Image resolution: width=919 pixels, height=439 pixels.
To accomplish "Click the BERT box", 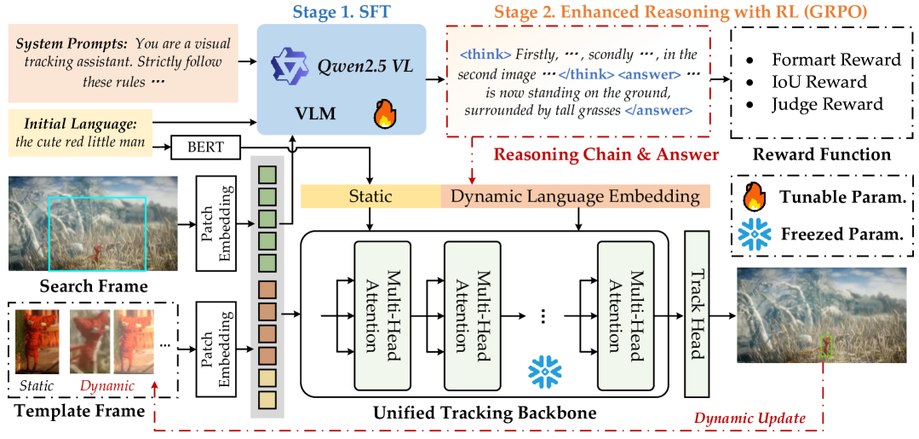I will [205, 147].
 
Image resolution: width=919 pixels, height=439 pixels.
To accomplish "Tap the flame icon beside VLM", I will [385, 113].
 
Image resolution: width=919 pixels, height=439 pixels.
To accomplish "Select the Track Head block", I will [697, 314].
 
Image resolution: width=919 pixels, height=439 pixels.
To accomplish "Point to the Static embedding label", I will [370, 197].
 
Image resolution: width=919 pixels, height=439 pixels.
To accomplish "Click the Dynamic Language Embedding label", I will [575, 197].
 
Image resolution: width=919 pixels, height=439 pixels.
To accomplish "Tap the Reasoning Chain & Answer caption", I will [606, 154].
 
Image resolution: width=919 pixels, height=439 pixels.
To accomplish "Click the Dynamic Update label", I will [749, 418].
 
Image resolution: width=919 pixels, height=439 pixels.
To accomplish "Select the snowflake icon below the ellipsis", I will [545, 370].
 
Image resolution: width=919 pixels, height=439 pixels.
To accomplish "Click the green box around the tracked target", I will [825, 345].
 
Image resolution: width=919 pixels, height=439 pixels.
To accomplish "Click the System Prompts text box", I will [123, 62].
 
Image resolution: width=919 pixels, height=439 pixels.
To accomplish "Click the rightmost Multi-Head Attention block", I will [623, 314].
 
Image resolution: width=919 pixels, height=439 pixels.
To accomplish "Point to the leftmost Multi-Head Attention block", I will [382, 314].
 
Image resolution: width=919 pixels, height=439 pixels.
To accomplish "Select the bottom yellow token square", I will [267, 398].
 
